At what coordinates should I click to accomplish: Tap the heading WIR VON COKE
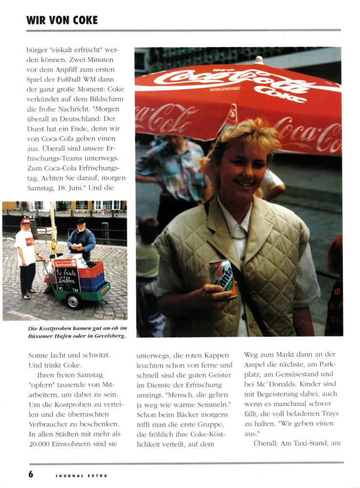pyautogui.click(x=62, y=20)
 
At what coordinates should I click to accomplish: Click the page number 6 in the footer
pyautogui.click(x=31, y=474)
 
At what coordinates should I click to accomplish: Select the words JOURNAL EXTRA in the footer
pyautogui.click(x=81, y=475)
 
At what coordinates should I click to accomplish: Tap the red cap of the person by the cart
pyautogui.click(x=25, y=222)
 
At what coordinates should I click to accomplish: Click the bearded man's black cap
pyautogui.click(x=81, y=221)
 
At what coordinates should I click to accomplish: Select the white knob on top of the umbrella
pyautogui.click(x=258, y=60)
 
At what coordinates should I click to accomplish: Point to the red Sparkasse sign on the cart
pyautogui.click(x=67, y=262)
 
